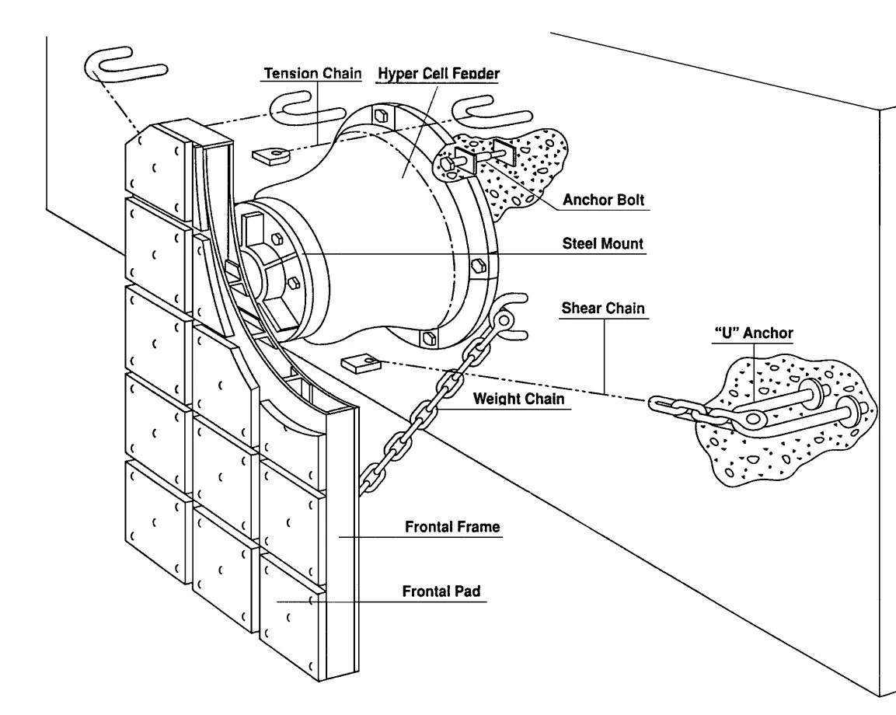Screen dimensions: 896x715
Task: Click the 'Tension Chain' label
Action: point(312,73)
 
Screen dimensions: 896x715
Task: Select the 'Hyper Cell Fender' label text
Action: point(438,74)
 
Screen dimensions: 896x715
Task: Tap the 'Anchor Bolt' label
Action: point(604,200)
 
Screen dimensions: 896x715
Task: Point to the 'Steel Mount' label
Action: point(603,243)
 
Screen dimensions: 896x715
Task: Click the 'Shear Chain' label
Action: point(603,308)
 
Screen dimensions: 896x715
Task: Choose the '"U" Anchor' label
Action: point(754,333)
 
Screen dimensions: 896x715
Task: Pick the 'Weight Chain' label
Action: point(518,399)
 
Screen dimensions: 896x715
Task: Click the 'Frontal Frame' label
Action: point(452,526)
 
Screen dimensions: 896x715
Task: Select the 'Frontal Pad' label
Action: point(441,591)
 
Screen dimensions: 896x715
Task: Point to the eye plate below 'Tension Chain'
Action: point(271,155)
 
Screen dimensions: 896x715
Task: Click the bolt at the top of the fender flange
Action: point(381,116)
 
